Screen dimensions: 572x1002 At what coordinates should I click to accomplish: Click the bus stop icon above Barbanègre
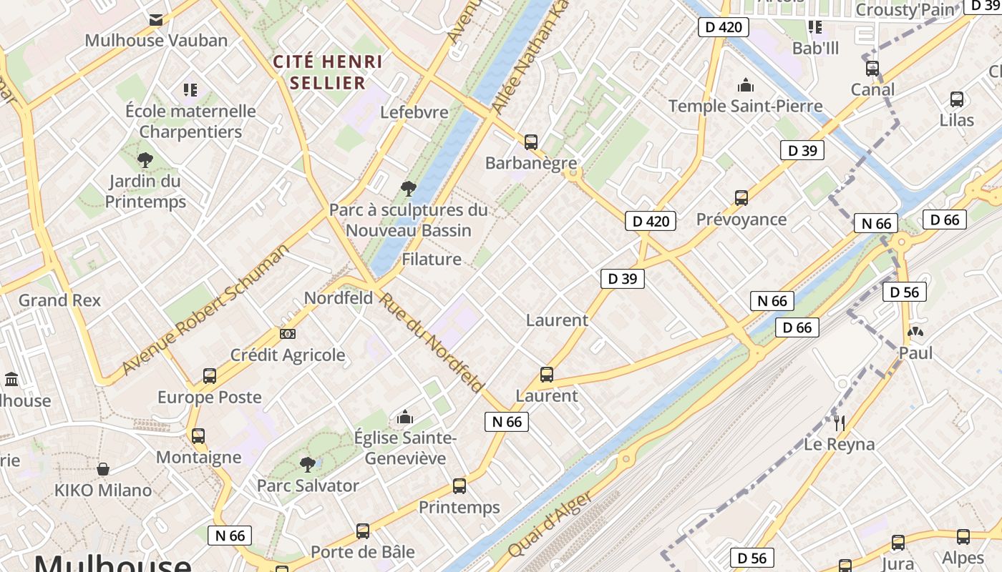(x=530, y=142)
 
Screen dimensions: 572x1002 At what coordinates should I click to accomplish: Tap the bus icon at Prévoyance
(x=741, y=198)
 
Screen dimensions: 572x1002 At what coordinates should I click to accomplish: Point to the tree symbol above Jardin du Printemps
(x=145, y=159)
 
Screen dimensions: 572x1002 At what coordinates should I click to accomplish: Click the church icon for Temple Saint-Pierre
(x=746, y=85)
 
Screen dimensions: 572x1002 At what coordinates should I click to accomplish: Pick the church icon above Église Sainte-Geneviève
(x=405, y=416)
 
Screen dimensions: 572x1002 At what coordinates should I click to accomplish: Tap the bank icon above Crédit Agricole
(x=288, y=333)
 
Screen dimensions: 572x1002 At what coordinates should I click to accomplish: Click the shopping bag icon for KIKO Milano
(x=103, y=469)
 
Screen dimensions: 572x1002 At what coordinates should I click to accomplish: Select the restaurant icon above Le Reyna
(x=840, y=423)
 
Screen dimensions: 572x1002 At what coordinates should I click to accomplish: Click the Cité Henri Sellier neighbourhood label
(x=328, y=72)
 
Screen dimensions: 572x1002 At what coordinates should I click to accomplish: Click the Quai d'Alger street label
(x=550, y=524)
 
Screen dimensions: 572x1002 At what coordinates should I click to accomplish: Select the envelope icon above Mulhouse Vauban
(x=156, y=19)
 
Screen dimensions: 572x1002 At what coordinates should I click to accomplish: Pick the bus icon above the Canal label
(x=872, y=69)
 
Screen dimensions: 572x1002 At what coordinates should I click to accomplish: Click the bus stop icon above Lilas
(x=957, y=99)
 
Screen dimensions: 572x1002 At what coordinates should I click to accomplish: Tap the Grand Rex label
(x=59, y=300)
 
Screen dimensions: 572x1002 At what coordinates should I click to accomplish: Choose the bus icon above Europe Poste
(x=210, y=375)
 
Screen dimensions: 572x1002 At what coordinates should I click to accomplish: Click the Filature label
(x=432, y=259)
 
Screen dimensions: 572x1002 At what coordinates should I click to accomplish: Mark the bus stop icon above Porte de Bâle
(x=363, y=531)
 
